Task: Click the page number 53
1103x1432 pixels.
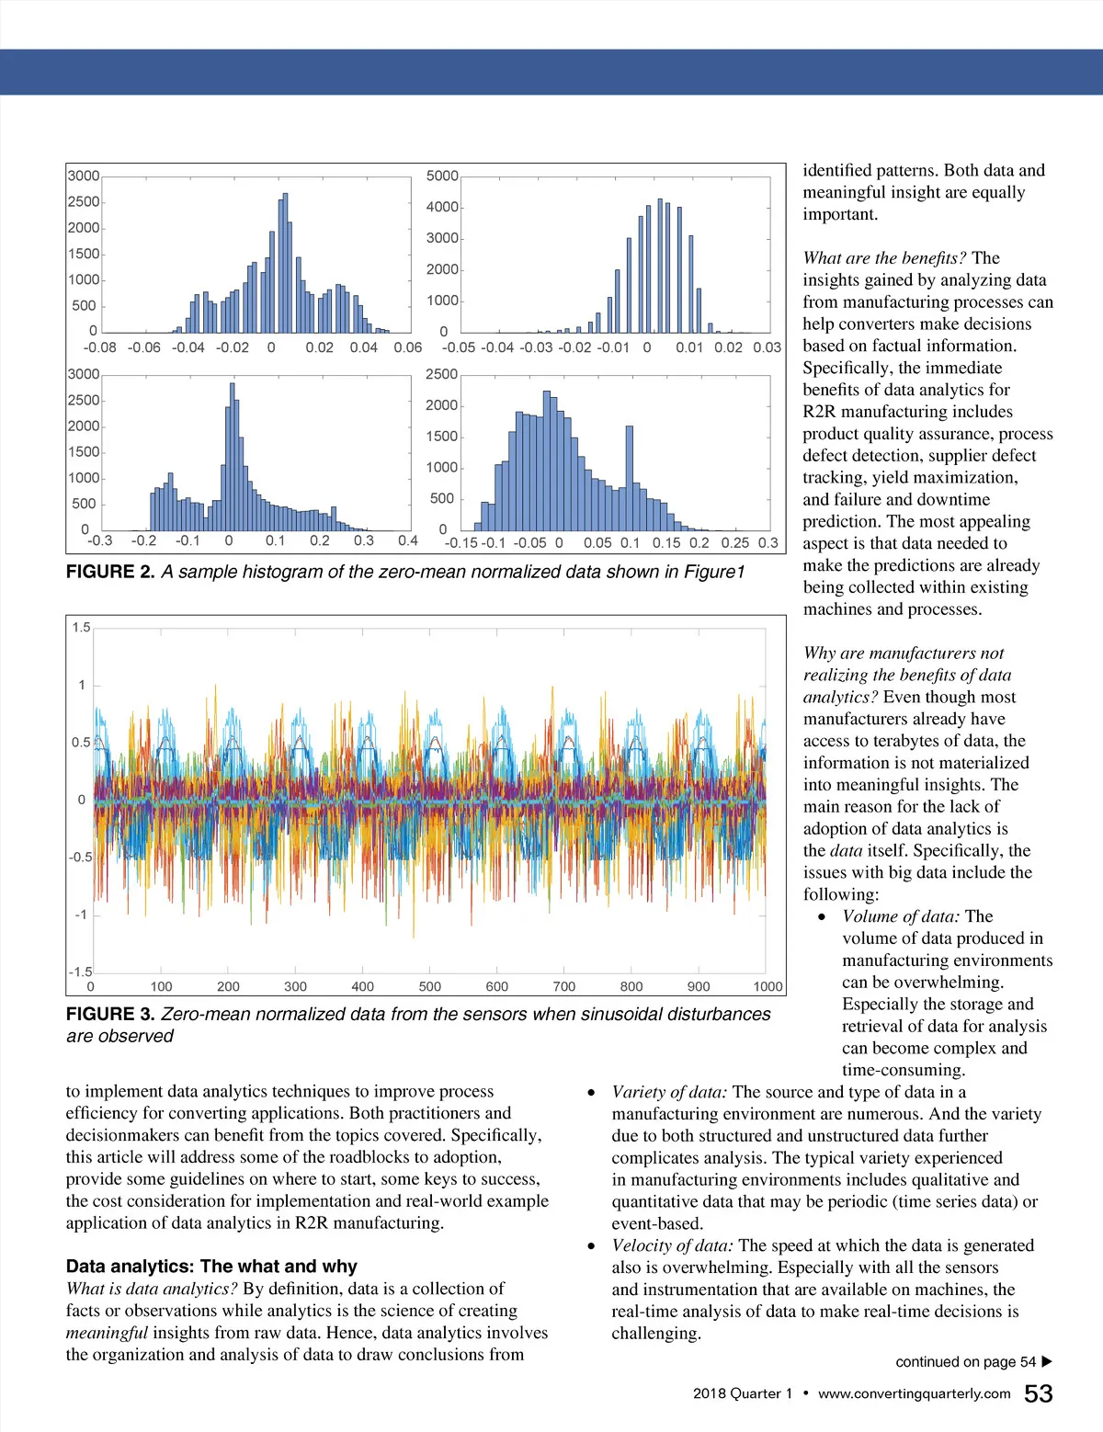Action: coord(1038,1394)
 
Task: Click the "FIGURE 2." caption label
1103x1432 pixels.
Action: coord(110,572)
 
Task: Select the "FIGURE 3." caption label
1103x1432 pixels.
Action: coord(110,1014)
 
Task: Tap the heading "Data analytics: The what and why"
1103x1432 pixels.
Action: coord(211,1267)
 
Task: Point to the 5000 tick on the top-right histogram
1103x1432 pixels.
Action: coord(442,176)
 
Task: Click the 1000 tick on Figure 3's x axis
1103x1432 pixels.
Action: coord(768,986)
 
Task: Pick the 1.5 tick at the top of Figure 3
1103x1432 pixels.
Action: coord(81,628)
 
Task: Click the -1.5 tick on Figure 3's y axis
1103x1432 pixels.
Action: coord(80,972)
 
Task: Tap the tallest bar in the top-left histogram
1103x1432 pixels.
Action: coord(285,262)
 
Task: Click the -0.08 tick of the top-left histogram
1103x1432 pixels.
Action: coord(100,347)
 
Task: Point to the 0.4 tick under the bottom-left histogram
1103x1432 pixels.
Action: coord(407,540)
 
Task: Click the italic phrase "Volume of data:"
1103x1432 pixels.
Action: coord(901,916)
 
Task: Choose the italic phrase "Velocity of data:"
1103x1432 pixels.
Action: coord(673,1245)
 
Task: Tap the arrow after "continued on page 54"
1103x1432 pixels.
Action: coord(1047,1362)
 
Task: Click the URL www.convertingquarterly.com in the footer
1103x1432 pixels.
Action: coord(914,1394)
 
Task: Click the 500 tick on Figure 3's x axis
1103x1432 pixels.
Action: coord(429,986)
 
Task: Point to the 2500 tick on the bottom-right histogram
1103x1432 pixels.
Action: coord(441,374)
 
